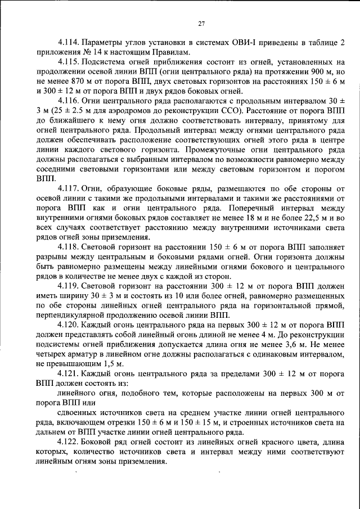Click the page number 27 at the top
201,23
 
